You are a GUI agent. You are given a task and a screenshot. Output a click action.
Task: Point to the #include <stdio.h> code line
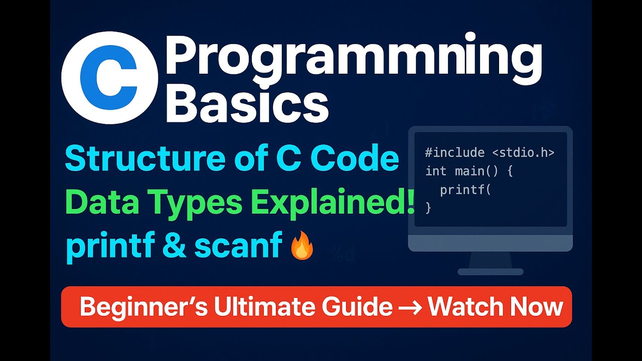pyautogui.click(x=490, y=153)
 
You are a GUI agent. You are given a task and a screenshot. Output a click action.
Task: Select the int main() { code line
pyautogui.click(x=468, y=171)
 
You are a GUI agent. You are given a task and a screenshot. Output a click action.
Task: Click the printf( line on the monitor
pyautogui.click(x=464, y=190)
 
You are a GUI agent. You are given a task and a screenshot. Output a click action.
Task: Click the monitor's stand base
pyautogui.click(x=490, y=272)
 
